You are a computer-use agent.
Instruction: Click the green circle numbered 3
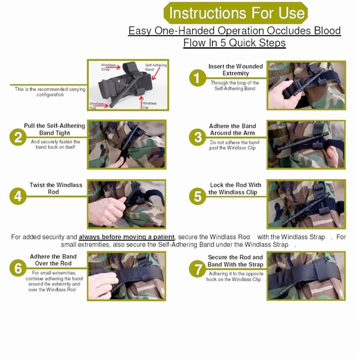198,138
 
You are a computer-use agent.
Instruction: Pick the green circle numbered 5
198,197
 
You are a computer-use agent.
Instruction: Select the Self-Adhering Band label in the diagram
156,67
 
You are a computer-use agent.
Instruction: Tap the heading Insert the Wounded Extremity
235,70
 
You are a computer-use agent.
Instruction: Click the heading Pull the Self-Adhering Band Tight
54,129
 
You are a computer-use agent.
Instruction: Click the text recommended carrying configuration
50,92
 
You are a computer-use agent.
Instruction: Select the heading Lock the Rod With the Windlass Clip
235,189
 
